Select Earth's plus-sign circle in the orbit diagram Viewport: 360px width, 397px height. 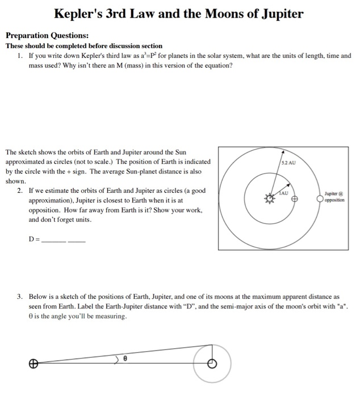[295, 199]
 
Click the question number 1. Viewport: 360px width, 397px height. [20, 56]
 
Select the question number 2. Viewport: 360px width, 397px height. [20, 191]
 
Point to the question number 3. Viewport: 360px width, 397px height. [20, 296]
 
